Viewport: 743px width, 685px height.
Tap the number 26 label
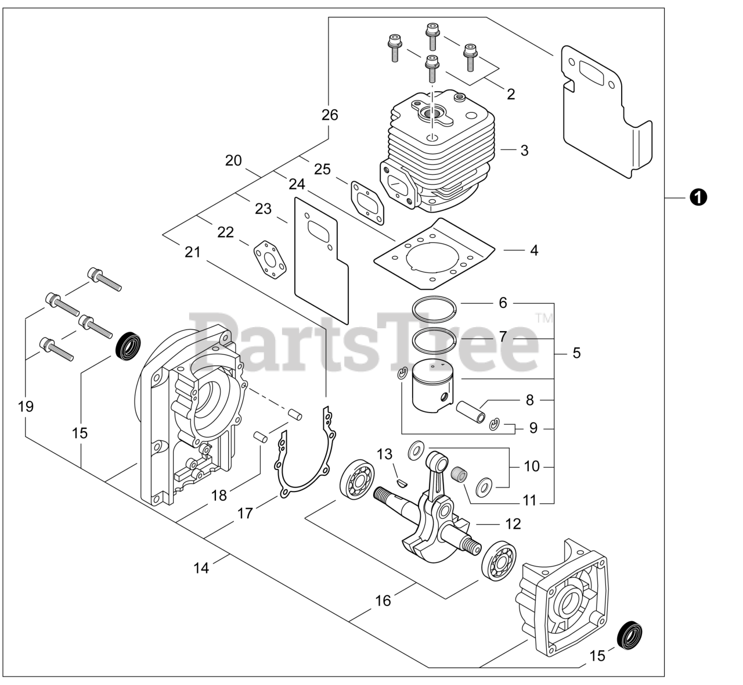[x=330, y=115]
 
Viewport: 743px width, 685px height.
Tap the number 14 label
[x=201, y=568]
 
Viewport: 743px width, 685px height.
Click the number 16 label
[x=383, y=600]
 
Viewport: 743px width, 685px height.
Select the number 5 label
[x=576, y=353]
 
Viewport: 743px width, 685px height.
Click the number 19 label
[x=26, y=406]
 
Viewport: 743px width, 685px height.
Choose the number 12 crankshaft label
[x=513, y=523]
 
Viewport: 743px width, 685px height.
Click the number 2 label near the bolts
[x=511, y=94]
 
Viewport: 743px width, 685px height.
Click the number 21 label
[x=192, y=252]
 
